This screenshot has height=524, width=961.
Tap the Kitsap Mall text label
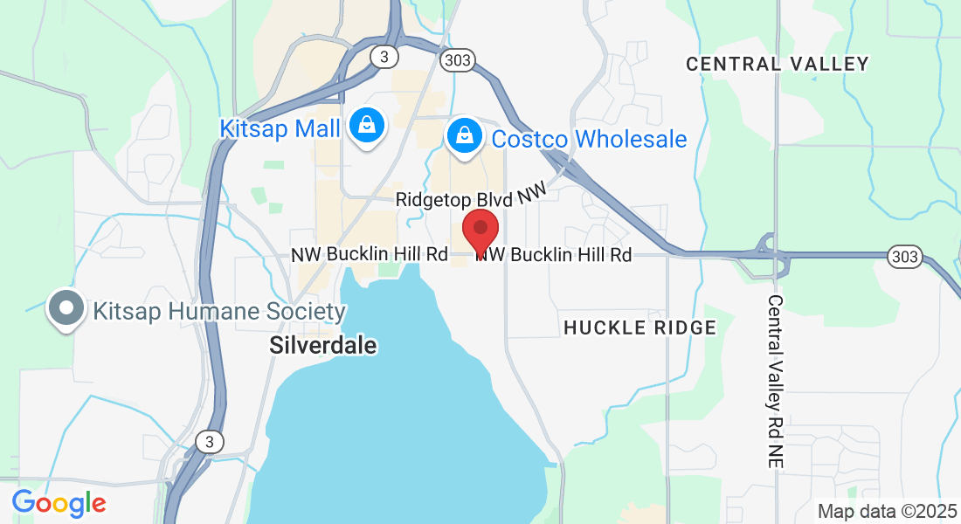[279, 129]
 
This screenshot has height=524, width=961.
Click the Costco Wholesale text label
[589, 139]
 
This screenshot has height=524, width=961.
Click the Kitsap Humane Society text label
[219, 312]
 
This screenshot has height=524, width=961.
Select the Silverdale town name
[323, 345]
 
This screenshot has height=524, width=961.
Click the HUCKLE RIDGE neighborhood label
[640, 327]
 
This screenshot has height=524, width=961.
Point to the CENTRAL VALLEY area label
[777, 64]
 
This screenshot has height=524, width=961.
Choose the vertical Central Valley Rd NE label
[775, 380]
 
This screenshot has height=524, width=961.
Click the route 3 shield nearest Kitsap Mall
[384, 57]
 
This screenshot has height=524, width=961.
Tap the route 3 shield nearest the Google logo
[209, 442]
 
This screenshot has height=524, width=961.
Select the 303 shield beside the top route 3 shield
[457, 59]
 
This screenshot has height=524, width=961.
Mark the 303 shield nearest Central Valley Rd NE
[904, 256]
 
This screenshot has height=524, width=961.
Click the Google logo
[59, 503]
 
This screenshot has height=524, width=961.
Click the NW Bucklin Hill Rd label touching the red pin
[554, 255]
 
